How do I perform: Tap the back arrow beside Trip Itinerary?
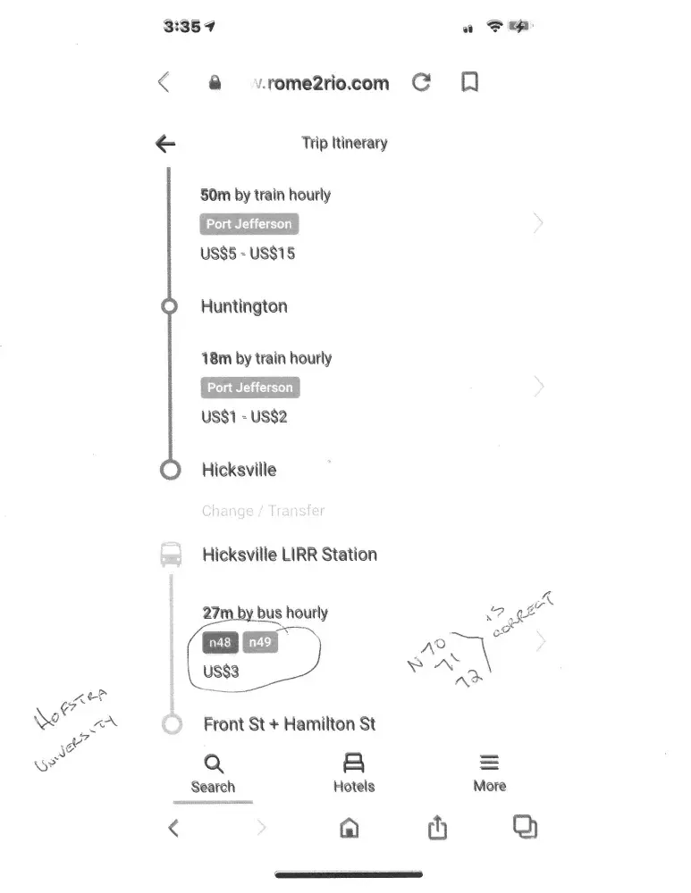(x=165, y=144)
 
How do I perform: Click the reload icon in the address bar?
(x=421, y=83)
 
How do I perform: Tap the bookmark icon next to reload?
(x=469, y=82)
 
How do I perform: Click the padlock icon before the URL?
(x=215, y=83)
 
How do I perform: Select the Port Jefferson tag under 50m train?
(x=249, y=224)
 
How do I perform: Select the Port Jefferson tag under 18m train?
(x=250, y=388)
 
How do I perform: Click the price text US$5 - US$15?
(x=248, y=254)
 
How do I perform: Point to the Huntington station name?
(x=244, y=306)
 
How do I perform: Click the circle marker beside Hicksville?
(x=170, y=470)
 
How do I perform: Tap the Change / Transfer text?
(x=263, y=511)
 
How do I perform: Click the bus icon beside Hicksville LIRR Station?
(x=171, y=555)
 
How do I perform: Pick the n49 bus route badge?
(x=260, y=643)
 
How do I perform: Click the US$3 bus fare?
(x=222, y=672)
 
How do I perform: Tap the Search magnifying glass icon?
(x=213, y=764)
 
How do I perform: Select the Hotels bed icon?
(x=354, y=764)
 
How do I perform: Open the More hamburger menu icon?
(x=489, y=764)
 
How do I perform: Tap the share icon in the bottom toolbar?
(x=436, y=828)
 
